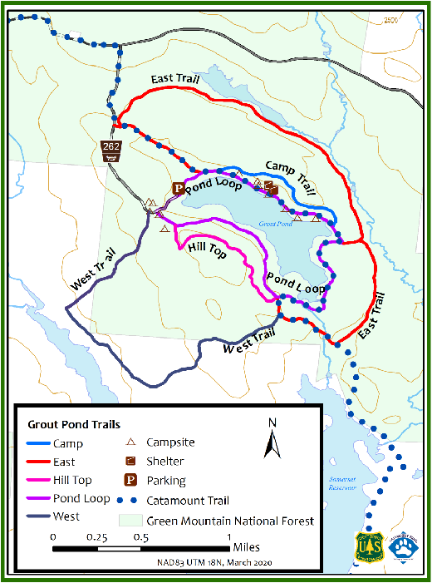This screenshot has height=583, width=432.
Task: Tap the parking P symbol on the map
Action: pyautogui.click(x=177, y=189)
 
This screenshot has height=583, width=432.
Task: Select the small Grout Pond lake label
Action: pyautogui.click(x=274, y=224)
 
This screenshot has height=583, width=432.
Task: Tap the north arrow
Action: pyautogui.click(x=272, y=440)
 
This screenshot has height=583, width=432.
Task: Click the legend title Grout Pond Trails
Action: pyautogui.click(x=74, y=424)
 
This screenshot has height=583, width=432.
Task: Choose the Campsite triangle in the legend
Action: pyautogui.click(x=130, y=442)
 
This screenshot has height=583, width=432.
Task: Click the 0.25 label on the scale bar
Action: pyautogui.click(x=98, y=536)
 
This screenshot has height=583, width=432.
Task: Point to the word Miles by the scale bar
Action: pyautogui.click(x=248, y=548)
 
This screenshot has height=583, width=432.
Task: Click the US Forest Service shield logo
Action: pyautogui.click(x=370, y=547)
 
